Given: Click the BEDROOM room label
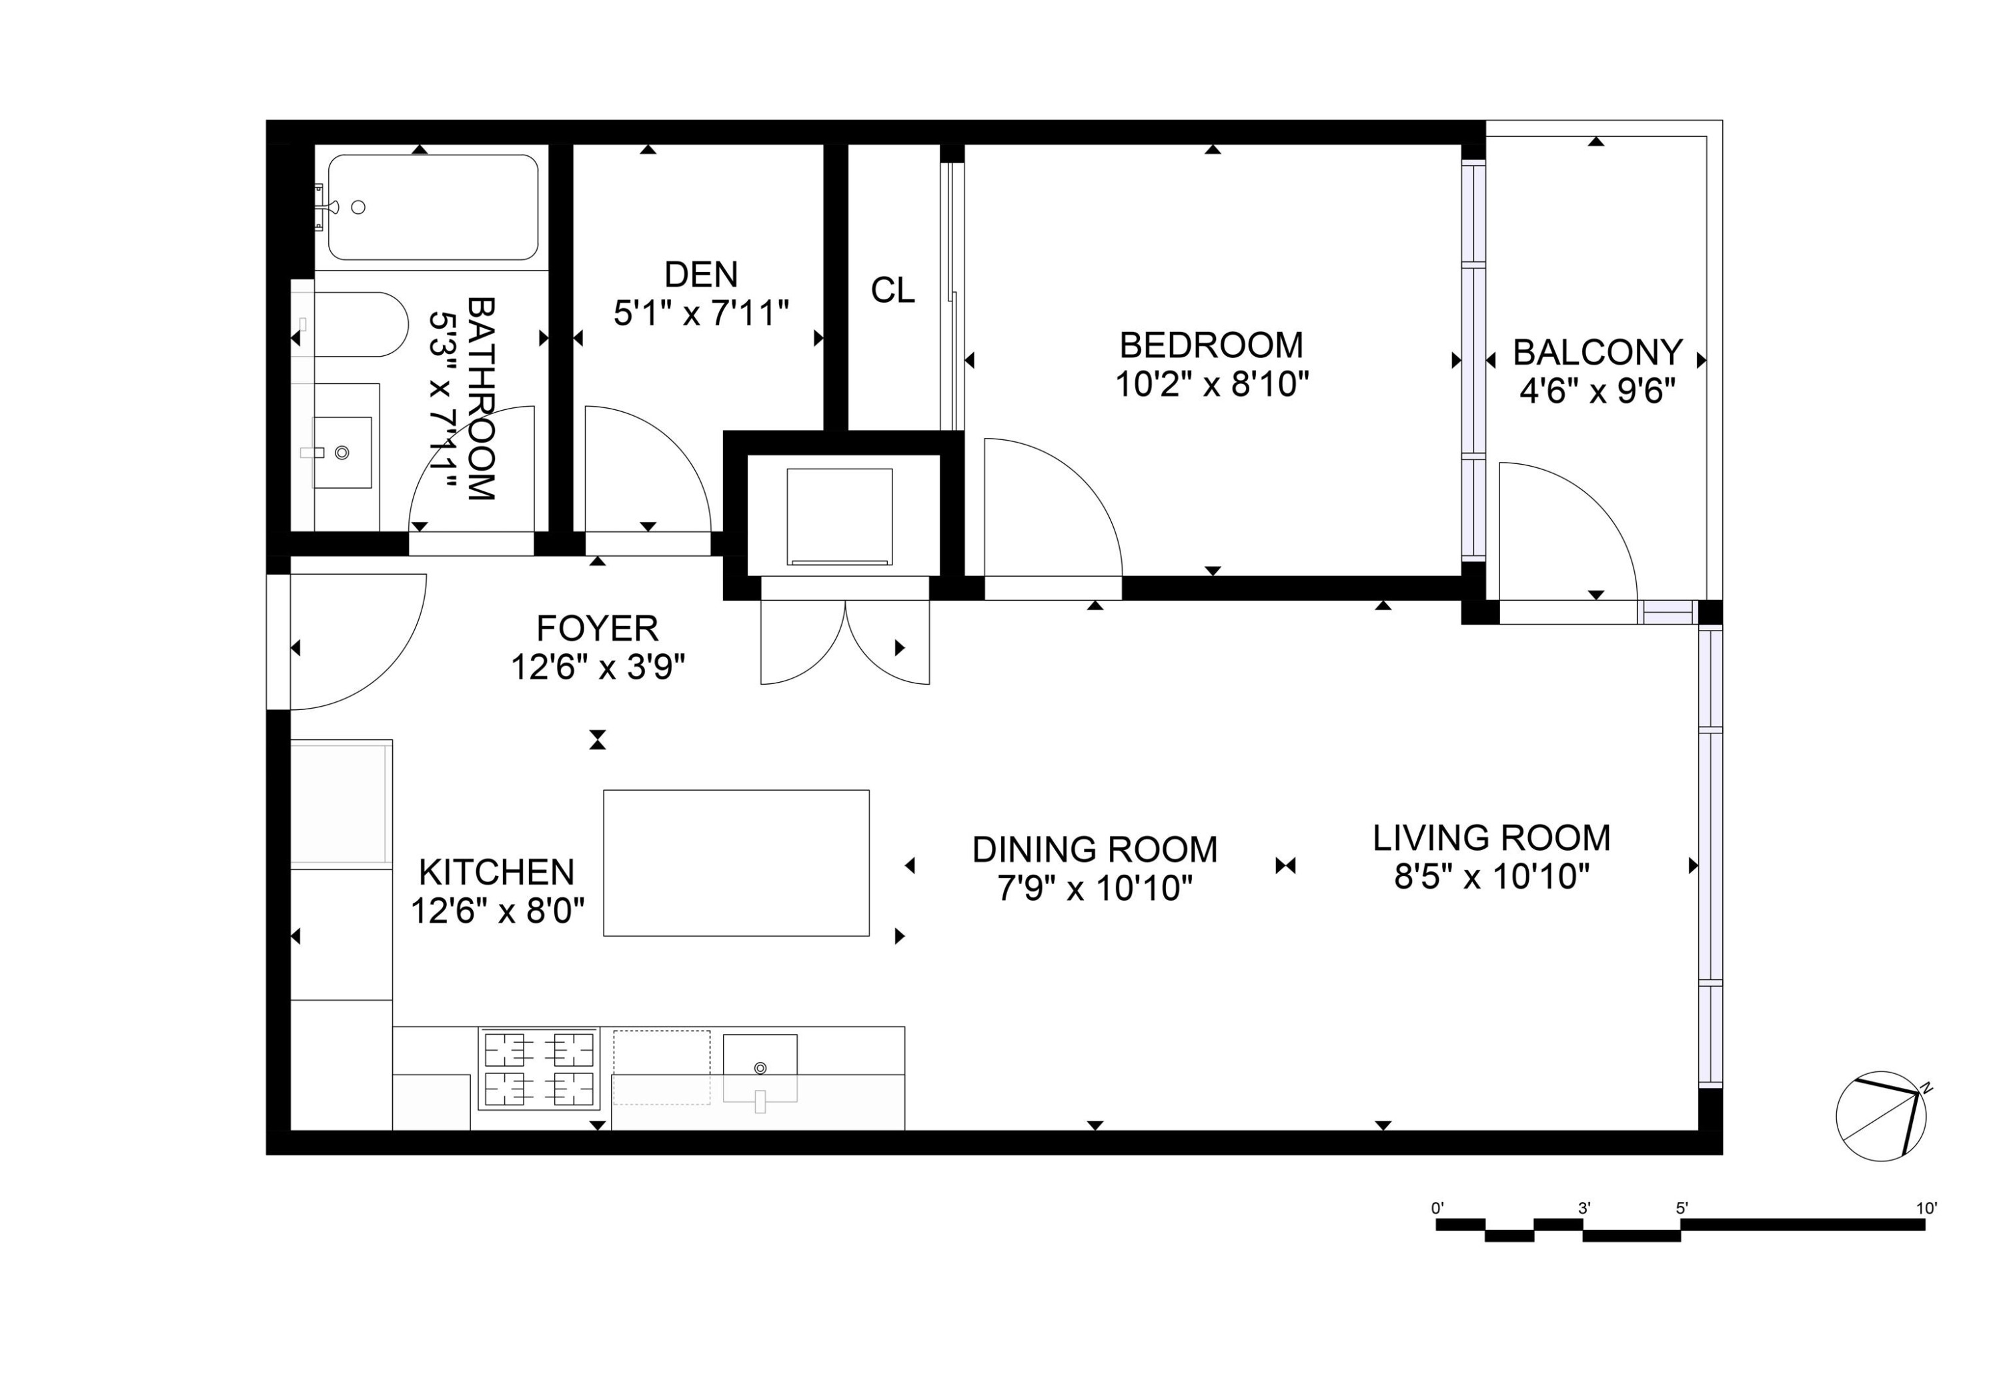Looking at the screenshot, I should click(1211, 346).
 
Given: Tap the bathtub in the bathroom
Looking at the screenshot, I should click(432, 207).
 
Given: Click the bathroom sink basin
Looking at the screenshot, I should click(342, 452).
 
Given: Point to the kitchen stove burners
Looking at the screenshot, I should click(538, 1069).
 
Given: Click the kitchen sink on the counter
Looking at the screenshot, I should click(760, 1068).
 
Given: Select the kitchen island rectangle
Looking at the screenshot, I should click(736, 863).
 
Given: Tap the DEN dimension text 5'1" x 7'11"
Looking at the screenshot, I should click(701, 313).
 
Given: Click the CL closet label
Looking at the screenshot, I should click(892, 291).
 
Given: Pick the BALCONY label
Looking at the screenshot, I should click(1597, 353).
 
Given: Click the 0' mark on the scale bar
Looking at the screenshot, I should click(1437, 1209).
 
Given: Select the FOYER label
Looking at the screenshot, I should click(597, 628).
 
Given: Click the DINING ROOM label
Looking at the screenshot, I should click(1095, 849).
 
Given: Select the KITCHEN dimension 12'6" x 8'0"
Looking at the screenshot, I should click(497, 911).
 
